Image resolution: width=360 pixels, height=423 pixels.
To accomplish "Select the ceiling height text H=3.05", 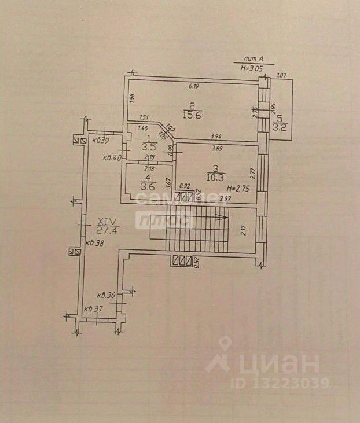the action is click(x=252, y=68).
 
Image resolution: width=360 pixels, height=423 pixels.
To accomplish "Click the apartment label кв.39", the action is click(x=102, y=140).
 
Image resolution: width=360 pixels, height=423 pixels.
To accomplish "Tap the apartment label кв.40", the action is click(x=112, y=157).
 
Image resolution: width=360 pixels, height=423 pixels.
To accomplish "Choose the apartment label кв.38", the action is click(x=94, y=243).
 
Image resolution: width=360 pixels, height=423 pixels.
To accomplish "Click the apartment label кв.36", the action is click(x=106, y=295).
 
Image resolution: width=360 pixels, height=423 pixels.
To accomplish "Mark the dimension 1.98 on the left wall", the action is click(x=132, y=99).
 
